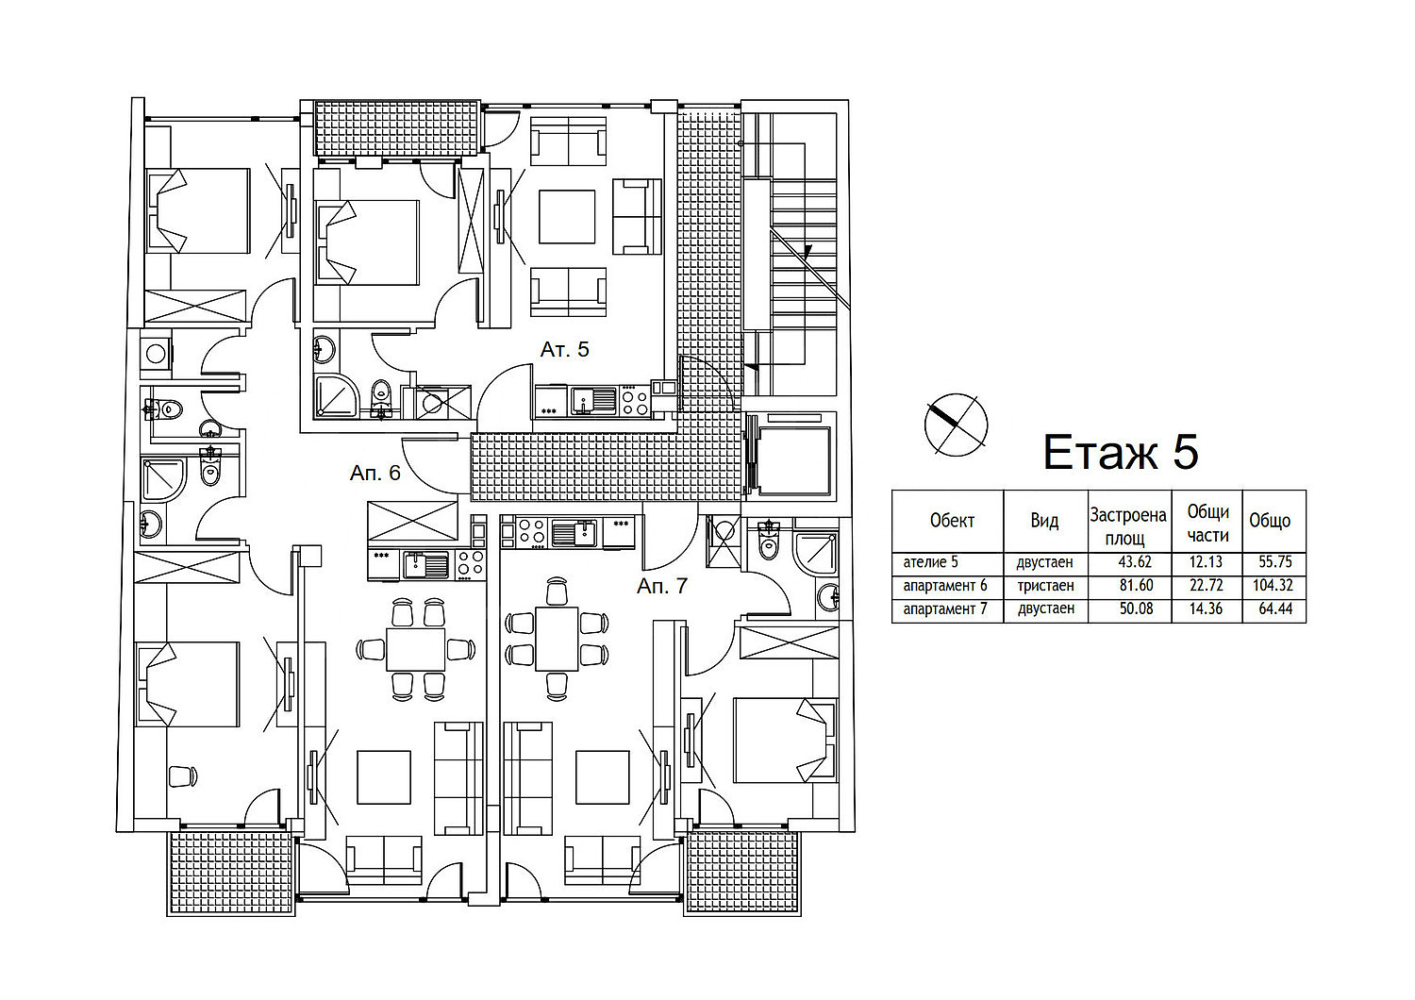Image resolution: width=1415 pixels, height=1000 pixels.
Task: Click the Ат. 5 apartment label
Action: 564,349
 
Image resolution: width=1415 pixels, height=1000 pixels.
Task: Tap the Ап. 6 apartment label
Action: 375,473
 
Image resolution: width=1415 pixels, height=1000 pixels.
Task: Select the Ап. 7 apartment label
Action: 661,586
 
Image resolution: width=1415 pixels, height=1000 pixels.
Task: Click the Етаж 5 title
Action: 1120,452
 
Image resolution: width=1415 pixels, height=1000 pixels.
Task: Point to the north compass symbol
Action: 956,425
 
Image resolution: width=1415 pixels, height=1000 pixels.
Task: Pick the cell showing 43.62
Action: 1136,561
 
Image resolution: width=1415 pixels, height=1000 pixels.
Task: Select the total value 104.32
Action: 1273,586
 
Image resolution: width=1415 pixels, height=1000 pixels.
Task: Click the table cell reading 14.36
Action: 1206,609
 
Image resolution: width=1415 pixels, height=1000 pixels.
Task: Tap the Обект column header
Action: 952,521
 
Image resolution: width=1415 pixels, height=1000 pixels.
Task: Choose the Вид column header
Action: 1045,521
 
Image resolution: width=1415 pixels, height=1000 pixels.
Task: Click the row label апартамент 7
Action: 945,609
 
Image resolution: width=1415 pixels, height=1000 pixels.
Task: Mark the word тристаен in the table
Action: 1045,586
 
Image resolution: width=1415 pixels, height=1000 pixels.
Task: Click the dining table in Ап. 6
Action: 416,649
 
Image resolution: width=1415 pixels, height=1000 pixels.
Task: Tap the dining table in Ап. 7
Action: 557,639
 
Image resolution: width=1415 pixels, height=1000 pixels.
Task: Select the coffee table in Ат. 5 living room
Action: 567,217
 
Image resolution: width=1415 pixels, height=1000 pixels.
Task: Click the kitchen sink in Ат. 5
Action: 593,401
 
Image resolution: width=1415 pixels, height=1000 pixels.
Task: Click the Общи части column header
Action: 1207,524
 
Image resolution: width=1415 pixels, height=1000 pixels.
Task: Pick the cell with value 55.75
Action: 1274,561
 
